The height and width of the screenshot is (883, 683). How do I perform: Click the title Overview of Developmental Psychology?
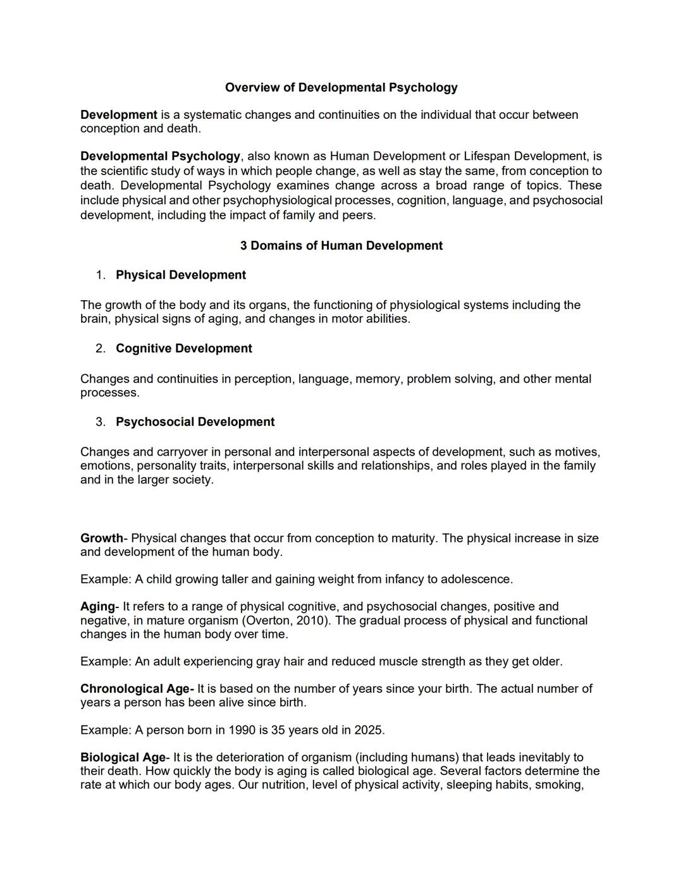(x=341, y=87)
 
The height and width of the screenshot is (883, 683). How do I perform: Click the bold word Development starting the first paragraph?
(x=118, y=114)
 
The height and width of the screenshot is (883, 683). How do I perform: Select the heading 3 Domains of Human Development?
(x=341, y=245)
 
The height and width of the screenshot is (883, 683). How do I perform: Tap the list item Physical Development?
(x=180, y=275)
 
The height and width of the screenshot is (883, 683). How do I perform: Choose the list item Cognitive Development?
(x=183, y=348)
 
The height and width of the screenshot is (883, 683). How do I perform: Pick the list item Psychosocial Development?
(x=195, y=422)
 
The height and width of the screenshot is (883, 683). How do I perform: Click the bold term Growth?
(x=101, y=538)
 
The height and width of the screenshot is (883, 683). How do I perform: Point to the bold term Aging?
(x=97, y=606)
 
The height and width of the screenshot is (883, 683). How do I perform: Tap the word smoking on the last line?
(x=558, y=784)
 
